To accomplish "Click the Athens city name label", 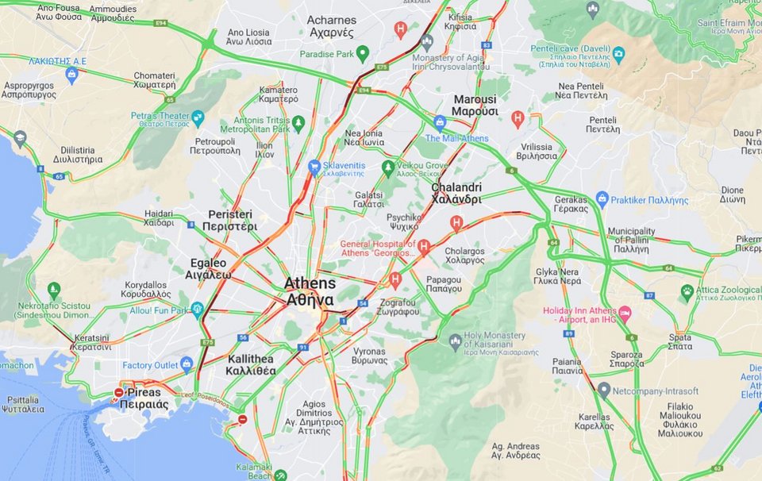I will [310, 291].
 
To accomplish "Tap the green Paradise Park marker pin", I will [363, 54].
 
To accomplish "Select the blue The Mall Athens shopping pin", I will [440, 122].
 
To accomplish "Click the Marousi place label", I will [475, 106].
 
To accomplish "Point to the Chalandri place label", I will [456, 193].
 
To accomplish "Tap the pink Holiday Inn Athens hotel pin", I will [625, 313].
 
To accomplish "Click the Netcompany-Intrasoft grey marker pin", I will [604, 390].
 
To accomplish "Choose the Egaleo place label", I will [209, 268].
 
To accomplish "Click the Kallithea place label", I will [250, 364].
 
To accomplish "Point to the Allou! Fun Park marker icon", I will [197, 309].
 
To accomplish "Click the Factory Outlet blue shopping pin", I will [187, 364].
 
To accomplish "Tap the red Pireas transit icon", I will [119, 392].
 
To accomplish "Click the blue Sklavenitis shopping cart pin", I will [314, 167].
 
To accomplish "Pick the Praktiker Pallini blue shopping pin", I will [602, 198].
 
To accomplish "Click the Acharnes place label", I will [330, 25].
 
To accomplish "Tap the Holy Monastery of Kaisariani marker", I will [455, 342].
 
